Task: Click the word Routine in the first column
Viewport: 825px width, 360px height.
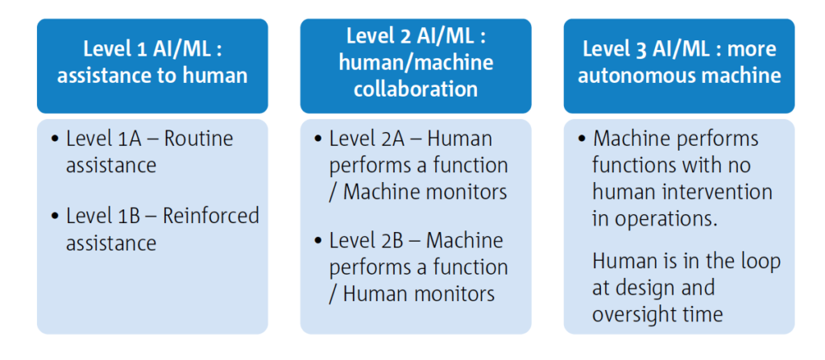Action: tap(199, 139)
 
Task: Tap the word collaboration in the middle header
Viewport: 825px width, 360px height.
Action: tap(416, 89)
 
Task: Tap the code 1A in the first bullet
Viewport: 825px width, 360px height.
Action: tap(130, 139)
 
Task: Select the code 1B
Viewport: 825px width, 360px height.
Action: tap(130, 216)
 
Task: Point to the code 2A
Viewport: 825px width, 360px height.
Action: tap(393, 139)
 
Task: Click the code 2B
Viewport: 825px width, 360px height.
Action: tap(393, 240)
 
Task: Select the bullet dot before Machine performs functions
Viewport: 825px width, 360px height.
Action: tap(582, 139)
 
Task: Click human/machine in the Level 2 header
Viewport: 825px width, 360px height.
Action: tap(416, 62)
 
